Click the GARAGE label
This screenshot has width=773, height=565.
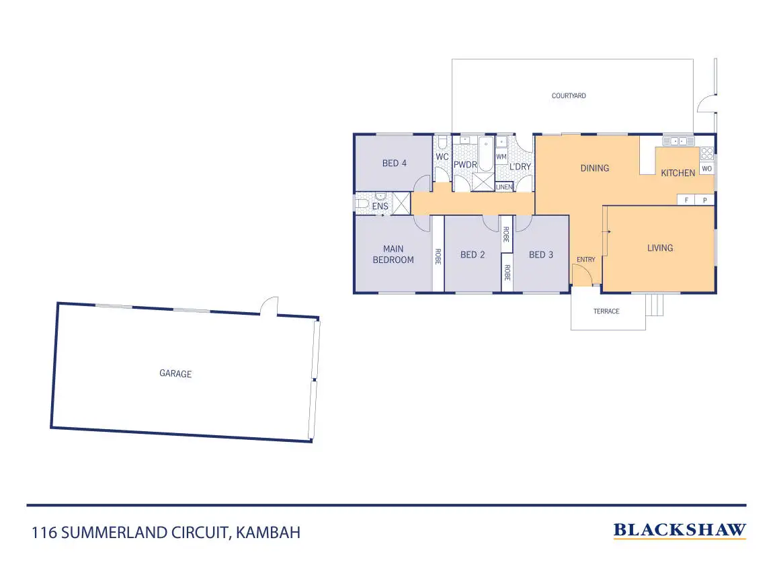[x=175, y=373]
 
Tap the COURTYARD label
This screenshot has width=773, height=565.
[x=569, y=96]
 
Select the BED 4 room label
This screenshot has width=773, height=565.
[x=395, y=163]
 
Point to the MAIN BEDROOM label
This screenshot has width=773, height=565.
[x=393, y=254]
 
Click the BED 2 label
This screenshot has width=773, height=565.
[x=473, y=254]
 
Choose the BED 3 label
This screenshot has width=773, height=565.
[x=541, y=254]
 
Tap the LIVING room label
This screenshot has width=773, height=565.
[x=659, y=248]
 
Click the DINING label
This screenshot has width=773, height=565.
[x=594, y=168]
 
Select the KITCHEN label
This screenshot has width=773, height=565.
[x=678, y=173]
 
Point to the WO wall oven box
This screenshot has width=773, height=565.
[x=706, y=169]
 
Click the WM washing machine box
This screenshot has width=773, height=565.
[x=501, y=157]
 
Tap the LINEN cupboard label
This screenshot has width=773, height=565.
[x=504, y=187]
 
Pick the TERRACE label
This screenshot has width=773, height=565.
[x=606, y=311]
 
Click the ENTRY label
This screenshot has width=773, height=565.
[x=585, y=260]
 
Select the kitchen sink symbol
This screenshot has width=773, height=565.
[x=678, y=141]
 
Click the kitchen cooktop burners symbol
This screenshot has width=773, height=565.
[x=706, y=153]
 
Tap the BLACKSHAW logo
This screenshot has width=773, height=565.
[x=680, y=531]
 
